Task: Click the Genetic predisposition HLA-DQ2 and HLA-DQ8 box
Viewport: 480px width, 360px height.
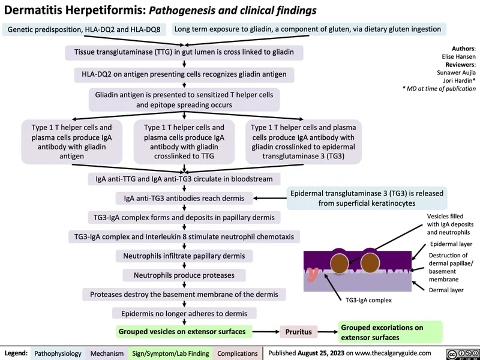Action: click(x=85, y=29)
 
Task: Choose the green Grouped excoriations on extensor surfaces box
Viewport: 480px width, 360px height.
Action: click(x=391, y=332)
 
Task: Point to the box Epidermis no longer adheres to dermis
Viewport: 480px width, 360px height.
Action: click(x=184, y=313)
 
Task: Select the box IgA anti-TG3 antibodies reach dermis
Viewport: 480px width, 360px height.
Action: click(x=184, y=198)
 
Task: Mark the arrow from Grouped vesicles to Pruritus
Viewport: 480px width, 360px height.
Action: click(x=266, y=331)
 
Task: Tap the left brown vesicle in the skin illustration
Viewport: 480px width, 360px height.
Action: click(x=339, y=265)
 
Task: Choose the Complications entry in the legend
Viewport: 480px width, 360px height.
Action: click(x=237, y=354)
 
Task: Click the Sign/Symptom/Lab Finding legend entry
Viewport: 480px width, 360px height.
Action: click(x=170, y=354)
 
